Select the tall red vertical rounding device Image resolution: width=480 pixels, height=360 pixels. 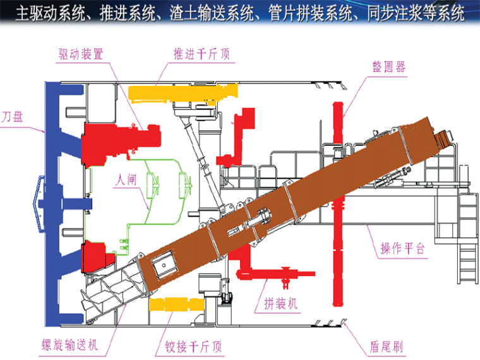click(338, 202)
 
